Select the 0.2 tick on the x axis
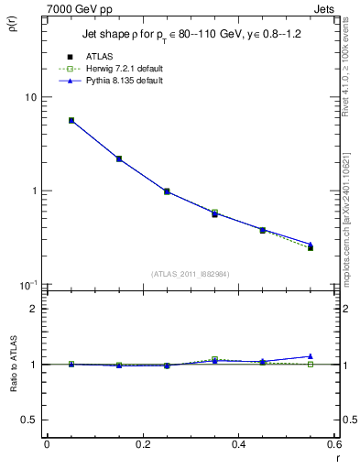point(142,444)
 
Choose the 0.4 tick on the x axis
point(238,444)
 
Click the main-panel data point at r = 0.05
point(71,120)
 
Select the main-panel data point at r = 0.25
point(167,191)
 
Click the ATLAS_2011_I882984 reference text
point(191,274)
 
